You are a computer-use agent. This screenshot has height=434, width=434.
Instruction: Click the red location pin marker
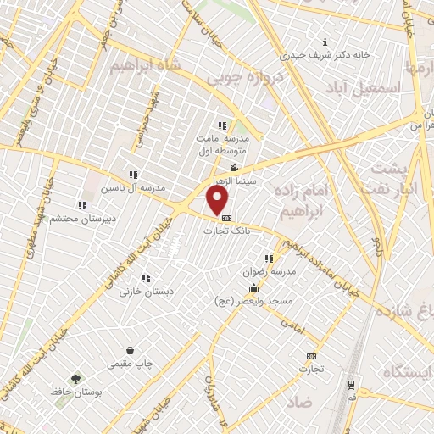point(218,200)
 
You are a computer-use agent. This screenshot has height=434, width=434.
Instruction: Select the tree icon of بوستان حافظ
point(77,380)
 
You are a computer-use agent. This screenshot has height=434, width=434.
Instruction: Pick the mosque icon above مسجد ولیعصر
point(254,288)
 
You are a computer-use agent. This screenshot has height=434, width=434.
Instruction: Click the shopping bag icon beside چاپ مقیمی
point(130,350)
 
